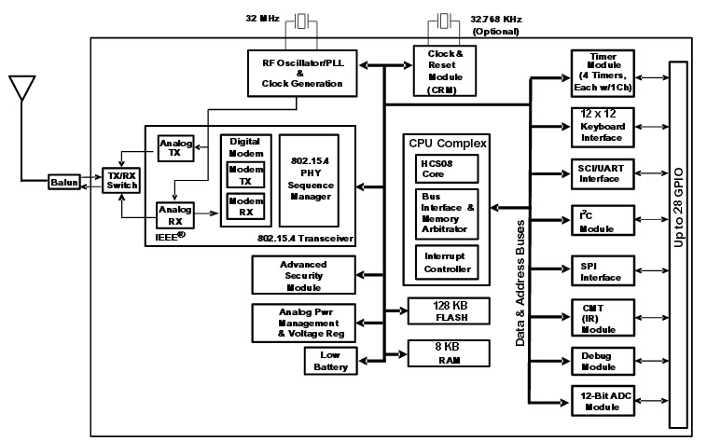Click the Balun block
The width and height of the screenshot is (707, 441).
click(65, 183)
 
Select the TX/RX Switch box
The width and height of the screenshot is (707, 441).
click(119, 181)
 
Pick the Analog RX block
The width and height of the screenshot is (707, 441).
click(174, 215)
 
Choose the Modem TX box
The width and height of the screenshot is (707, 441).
click(246, 175)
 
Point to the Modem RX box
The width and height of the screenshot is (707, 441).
click(246, 207)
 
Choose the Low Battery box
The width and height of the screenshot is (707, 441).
click(329, 361)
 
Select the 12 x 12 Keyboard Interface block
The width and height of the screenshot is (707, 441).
click(602, 125)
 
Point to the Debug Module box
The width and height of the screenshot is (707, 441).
click(602, 362)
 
